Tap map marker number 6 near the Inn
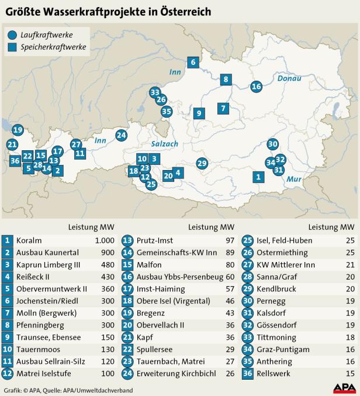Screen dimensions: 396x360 click(x=192, y=62)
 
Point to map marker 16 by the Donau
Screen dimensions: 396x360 click(x=256, y=87)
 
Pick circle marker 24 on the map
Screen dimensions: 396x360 click(x=121, y=135)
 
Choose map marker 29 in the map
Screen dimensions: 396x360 click(x=202, y=163)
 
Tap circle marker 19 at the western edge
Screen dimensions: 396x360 click(x=17, y=130)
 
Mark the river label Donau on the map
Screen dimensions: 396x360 click(x=290, y=78)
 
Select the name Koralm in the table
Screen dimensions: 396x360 click(x=29, y=240)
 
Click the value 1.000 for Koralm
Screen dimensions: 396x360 click(x=103, y=240)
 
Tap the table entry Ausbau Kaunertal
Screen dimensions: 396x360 click(x=44, y=253)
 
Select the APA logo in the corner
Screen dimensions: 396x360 click(x=344, y=387)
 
